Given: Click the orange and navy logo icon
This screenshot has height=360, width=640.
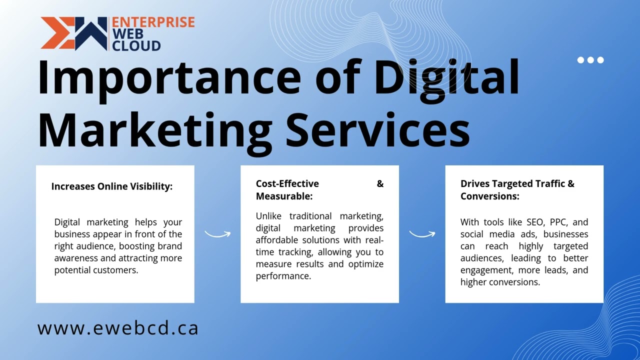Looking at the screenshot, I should (74, 33).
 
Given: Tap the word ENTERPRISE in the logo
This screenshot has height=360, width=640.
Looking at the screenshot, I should (153, 22).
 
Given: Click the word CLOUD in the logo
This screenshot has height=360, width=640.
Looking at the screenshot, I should (136, 45).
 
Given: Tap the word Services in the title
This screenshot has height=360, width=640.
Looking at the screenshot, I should (377, 128).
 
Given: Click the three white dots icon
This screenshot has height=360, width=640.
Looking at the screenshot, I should (590, 60).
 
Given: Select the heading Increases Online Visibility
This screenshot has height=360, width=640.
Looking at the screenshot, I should (111, 186).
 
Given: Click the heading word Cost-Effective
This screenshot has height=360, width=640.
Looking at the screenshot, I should (287, 184).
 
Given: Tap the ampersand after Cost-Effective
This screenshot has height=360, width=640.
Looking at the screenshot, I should (380, 184).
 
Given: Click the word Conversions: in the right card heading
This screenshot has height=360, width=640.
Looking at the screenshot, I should (489, 196).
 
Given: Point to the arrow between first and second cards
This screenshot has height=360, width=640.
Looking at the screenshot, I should (217, 233).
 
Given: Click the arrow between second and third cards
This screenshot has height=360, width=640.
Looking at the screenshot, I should (422, 233).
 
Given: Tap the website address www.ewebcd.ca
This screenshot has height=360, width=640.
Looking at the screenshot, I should (118, 328).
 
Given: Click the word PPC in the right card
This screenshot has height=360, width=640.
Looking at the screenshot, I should (559, 222).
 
